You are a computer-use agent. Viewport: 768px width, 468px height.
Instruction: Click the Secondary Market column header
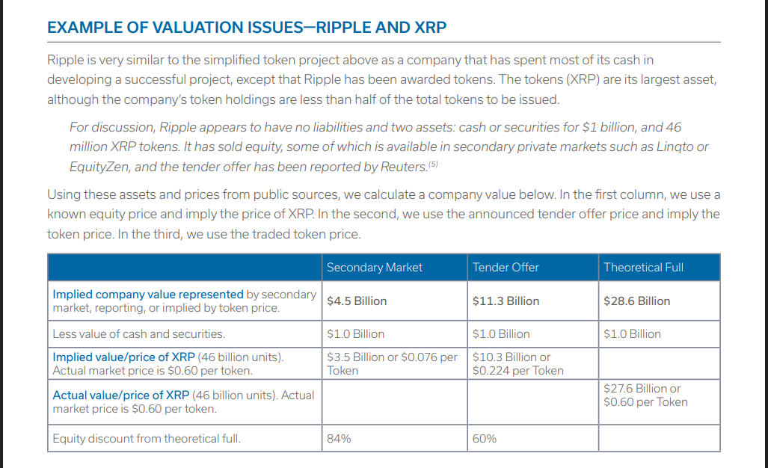(x=374, y=267)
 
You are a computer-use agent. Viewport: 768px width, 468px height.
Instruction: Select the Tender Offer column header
(x=506, y=267)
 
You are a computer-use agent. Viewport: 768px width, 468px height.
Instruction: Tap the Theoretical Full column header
(x=642, y=267)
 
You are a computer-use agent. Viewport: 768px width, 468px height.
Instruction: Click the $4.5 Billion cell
(x=357, y=301)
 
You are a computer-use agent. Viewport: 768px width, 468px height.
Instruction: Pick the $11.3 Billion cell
(x=506, y=301)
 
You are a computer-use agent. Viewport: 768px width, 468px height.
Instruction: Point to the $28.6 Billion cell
(x=636, y=301)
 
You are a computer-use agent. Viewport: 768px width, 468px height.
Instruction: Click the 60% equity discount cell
(x=484, y=438)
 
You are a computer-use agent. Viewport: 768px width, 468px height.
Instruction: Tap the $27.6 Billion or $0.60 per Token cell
(x=645, y=395)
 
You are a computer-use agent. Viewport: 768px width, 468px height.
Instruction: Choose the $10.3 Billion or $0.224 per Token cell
(x=517, y=363)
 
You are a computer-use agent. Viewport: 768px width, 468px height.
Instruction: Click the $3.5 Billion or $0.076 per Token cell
(x=392, y=363)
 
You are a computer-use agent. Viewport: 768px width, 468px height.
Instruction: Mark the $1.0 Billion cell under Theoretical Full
(x=632, y=333)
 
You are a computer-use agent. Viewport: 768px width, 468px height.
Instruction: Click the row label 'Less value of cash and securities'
(x=138, y=333)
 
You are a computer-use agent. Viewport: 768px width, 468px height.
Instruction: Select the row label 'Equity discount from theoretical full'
(x=147, y=438)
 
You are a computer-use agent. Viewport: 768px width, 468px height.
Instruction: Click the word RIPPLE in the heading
(x=348, y=28)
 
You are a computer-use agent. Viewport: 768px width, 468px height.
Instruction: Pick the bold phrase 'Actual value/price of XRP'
(x=120, y=395)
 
